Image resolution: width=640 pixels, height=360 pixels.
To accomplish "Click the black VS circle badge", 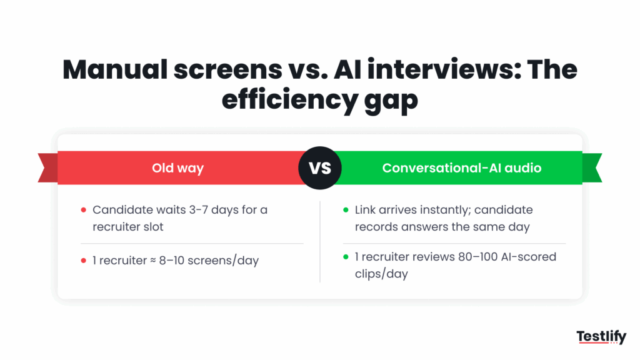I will click(320, 168).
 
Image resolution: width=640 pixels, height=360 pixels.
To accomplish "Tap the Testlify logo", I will click(601, 338).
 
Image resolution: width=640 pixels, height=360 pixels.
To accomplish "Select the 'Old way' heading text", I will click(177, 168).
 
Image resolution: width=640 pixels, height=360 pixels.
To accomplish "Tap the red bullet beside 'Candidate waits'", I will click(84, 210).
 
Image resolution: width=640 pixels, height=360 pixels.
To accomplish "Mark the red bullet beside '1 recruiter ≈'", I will click(84, 261).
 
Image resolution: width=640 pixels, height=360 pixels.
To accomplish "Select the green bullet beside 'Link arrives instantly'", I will click(346, 210).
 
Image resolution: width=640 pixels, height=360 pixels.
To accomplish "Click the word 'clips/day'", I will click(381, 274).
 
